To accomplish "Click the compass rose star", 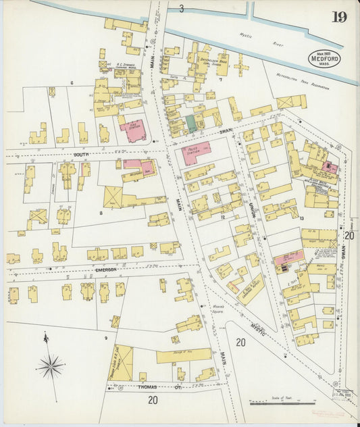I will (x=50, y=366).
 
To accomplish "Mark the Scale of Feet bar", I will (x=278, y=403).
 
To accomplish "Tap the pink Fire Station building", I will (x=133, y=130).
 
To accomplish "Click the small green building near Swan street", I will (x=191, y=124).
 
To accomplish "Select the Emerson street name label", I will (x=107, y=270).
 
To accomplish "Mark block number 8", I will (x=101, y=213).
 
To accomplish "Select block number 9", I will (x=105, y=336).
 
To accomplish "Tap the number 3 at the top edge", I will (x=180, y=8).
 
